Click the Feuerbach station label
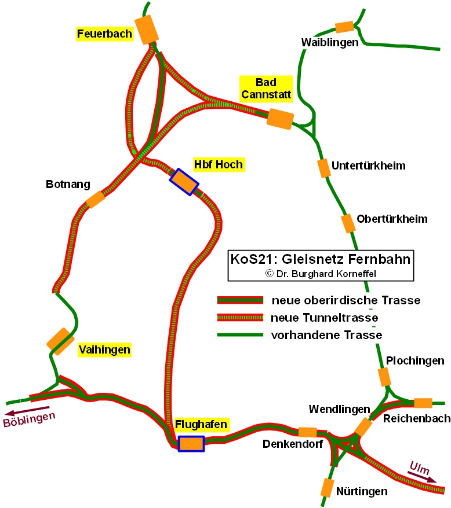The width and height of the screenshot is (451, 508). pos(105,34)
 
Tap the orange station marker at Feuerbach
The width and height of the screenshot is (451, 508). pos(147,28)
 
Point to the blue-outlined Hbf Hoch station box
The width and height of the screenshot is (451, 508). pos(184,182)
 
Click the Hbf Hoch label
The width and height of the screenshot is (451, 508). pos(218,165)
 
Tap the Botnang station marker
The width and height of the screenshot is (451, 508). pos(95,200)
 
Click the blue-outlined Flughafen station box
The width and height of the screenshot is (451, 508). pos(191,443)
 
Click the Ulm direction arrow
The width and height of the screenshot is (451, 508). pos(421,473)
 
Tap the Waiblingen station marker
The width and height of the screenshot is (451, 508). pos(344,27)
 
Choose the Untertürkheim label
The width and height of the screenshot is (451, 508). pos(368,166)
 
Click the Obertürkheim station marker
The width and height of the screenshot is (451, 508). pos(347,223)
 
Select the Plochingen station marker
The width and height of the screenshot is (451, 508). pos(384,377)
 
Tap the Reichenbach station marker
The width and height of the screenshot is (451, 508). pos(423,403)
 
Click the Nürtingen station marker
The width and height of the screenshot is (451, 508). pos(328,488)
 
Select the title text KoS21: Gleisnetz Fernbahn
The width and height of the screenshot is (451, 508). pos(321,259)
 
